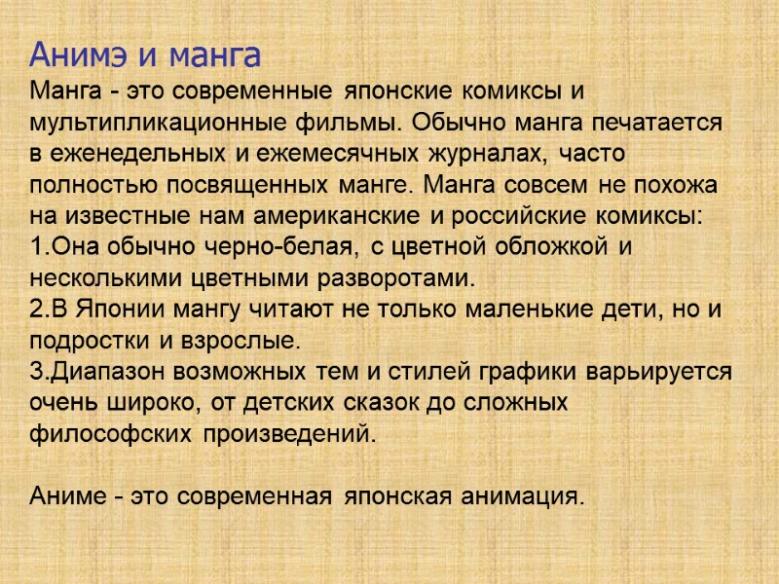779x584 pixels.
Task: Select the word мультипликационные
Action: pos(156,123)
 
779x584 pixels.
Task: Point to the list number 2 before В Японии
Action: pos(36,310)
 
